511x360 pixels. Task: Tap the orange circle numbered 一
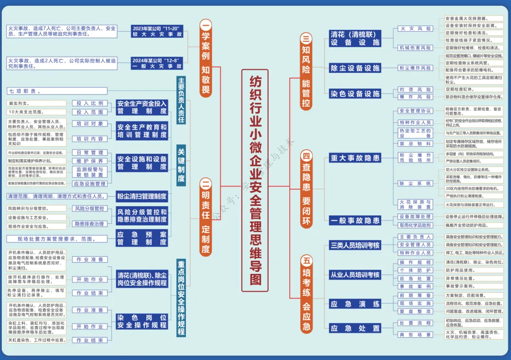(x=206, y=25)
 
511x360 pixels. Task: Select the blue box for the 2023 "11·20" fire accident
(x=157, y=31)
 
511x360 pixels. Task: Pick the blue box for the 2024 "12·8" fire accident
(x=157, y=63)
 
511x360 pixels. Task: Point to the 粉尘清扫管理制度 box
(x=142, y=196)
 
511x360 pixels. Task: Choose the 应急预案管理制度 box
(x=142, y=238)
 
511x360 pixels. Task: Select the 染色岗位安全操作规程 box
(x=142, y=321)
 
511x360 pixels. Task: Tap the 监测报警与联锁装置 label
(x=90, y=172)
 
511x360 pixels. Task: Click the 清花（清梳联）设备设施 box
(x=355, y=38)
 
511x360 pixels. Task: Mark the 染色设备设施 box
(x=355, y=94)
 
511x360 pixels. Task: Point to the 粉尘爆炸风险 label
(x=415, y=68)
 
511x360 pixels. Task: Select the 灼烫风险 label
(x=415, y=89)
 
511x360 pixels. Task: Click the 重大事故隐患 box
(x=355, y=158)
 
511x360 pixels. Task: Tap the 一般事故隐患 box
(x=355, y=220)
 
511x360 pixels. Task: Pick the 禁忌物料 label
(x=415, y=143)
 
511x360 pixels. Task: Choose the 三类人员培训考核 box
(x=355, y=245)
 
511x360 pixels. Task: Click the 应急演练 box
(x=355, y=304)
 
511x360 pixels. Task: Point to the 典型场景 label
(x=415, y=334)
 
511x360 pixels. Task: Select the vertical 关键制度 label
(x=181, y=166)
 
